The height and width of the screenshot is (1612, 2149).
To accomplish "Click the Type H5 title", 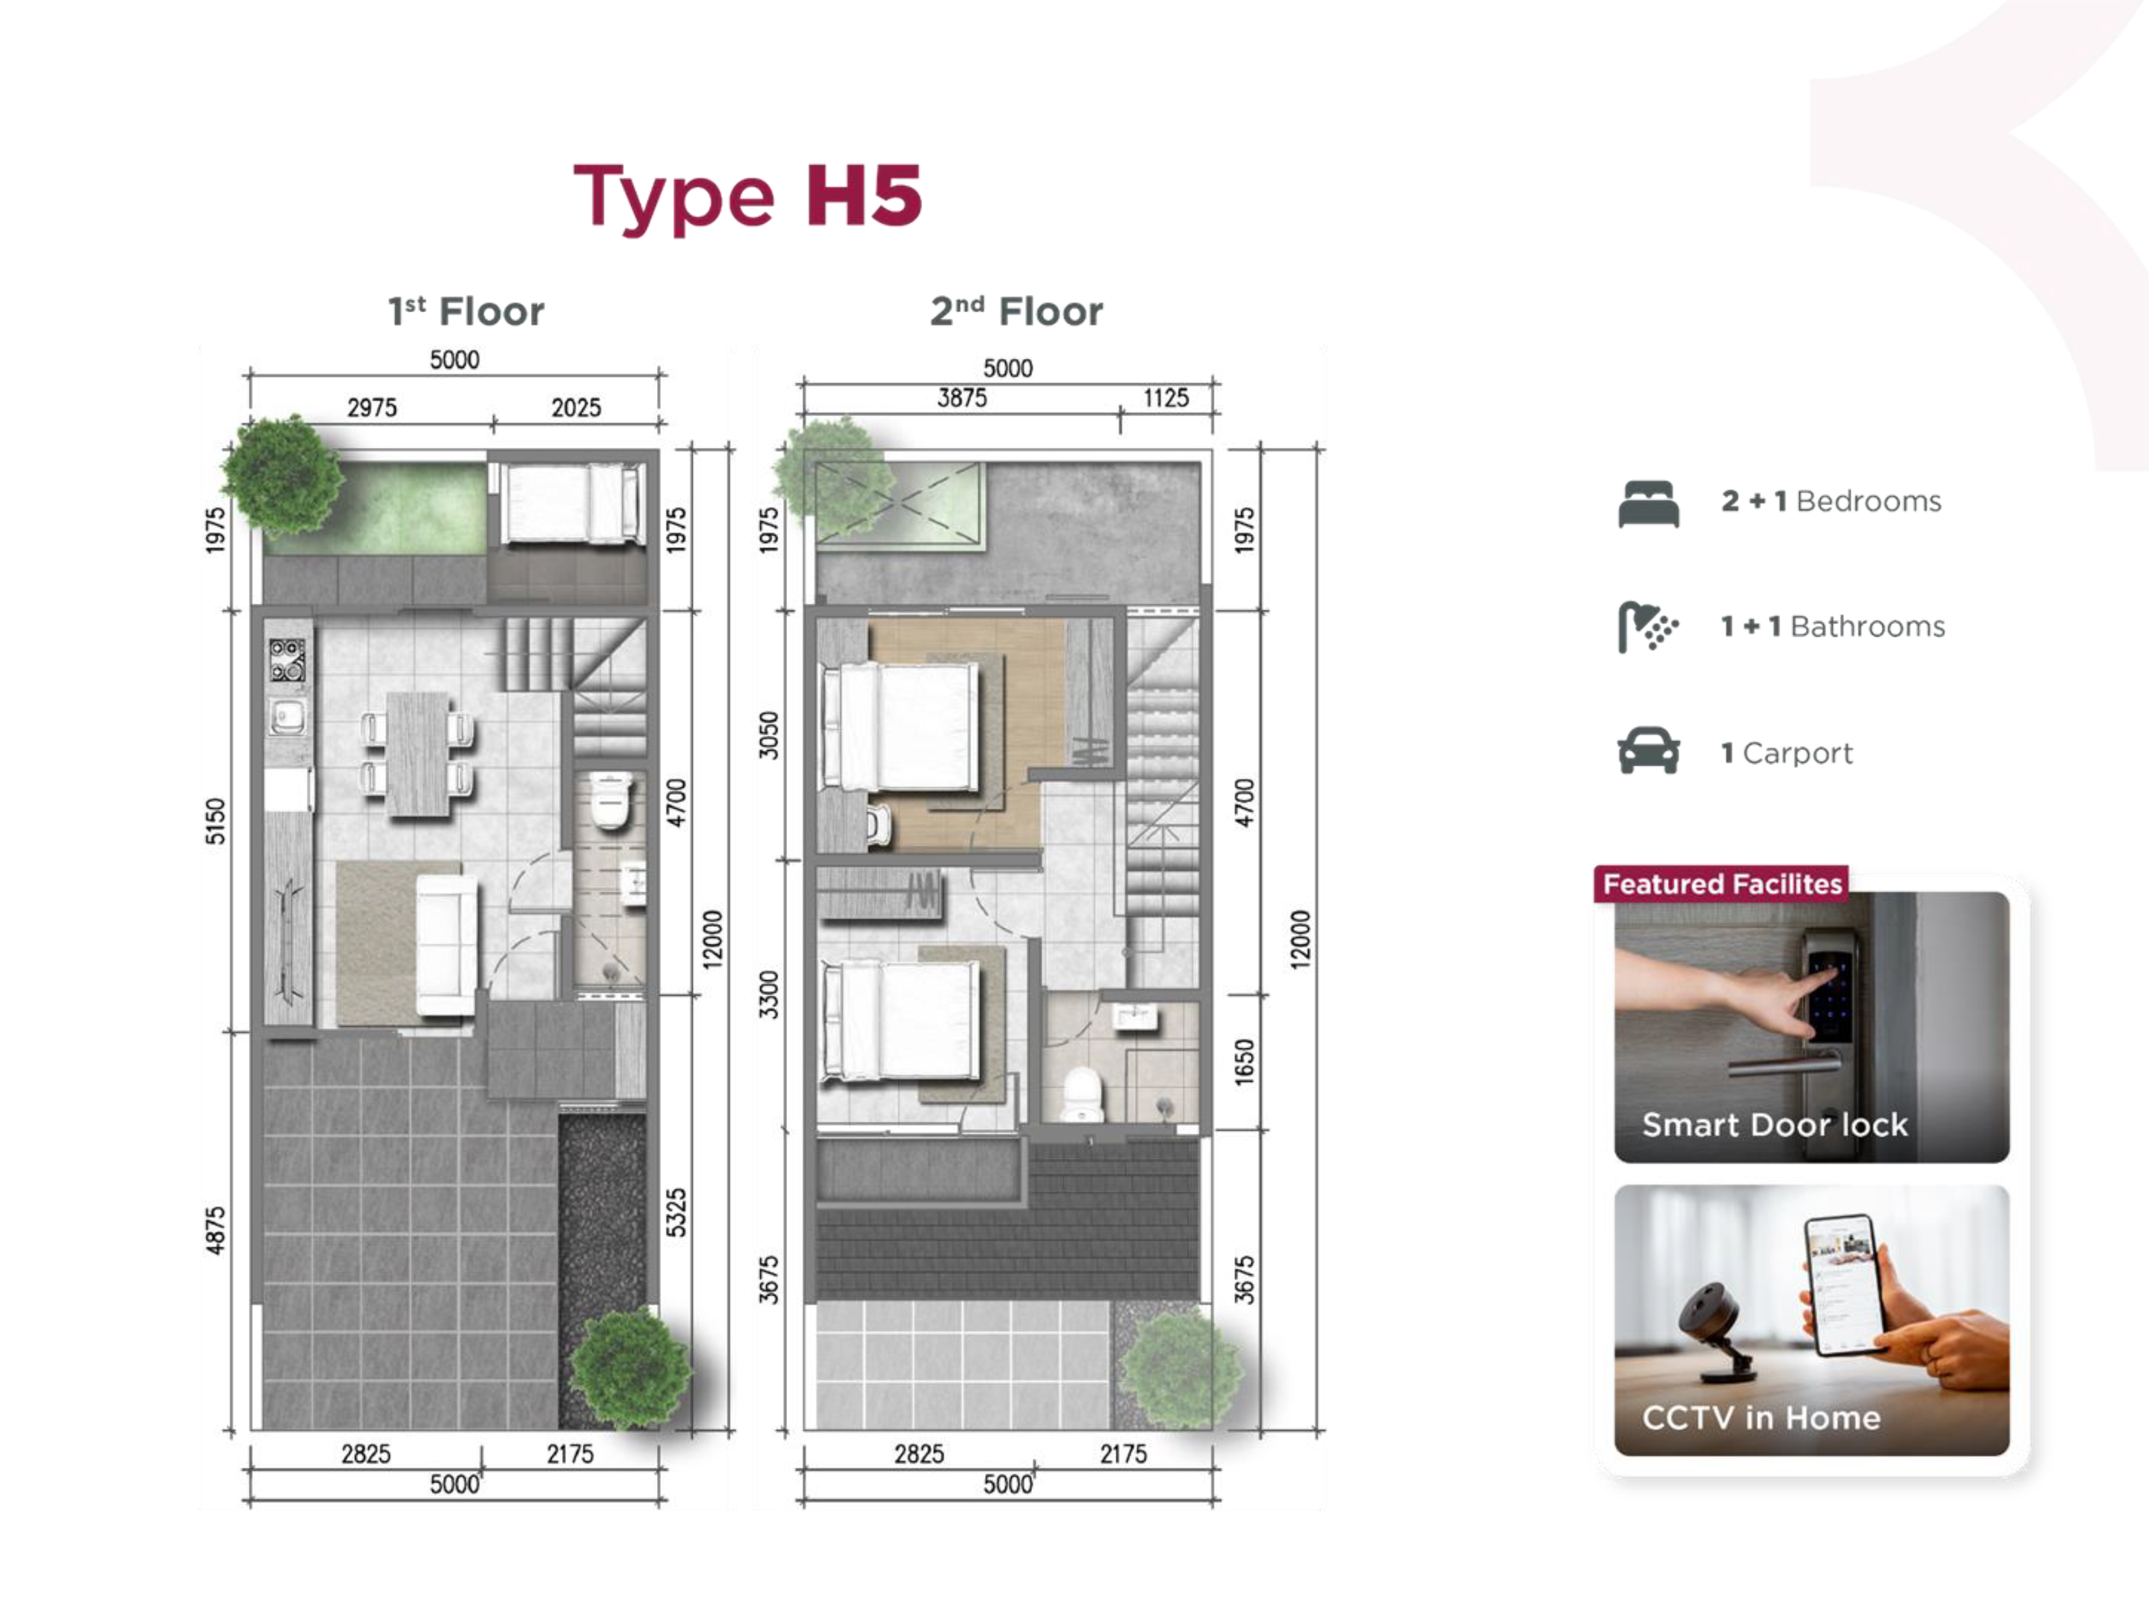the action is point(747,197).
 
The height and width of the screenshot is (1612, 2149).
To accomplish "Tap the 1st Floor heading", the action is point(467,311).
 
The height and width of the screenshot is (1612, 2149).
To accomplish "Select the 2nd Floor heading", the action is point(1016,311).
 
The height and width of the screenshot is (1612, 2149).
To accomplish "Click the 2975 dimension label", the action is point(372,407).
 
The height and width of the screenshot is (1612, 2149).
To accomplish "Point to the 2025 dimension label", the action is point(576,407).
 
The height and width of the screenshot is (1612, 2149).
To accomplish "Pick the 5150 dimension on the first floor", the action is point(214,821).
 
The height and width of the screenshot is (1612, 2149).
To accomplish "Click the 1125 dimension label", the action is point(1166,397).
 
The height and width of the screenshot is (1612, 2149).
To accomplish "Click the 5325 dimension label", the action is point(676,1213).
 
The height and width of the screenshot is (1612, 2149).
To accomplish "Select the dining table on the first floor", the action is point(418,754).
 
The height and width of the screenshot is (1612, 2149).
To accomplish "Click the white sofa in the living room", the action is point(447,944).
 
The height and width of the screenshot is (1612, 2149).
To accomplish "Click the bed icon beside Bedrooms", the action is point(1649,503).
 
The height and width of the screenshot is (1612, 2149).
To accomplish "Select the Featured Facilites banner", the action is point(1721,884).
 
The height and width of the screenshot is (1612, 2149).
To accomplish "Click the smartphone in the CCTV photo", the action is point(1842,1284).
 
